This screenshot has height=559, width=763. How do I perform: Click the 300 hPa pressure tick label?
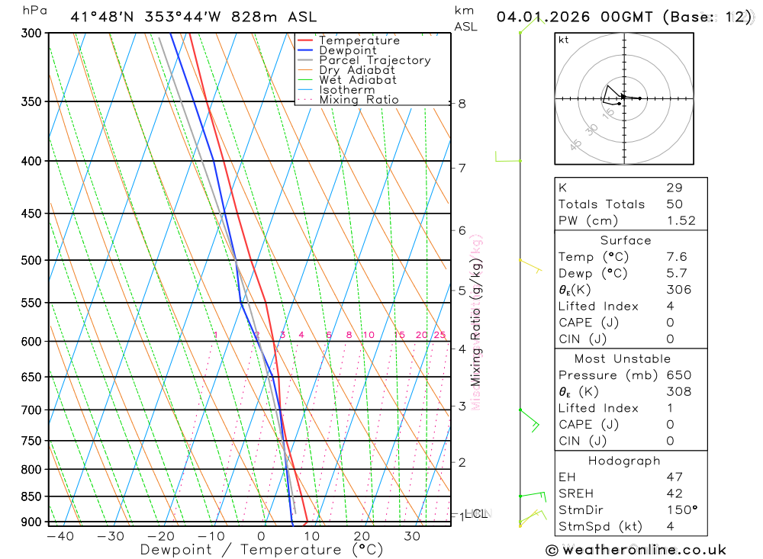click(31, 33)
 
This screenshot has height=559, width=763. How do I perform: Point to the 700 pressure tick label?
click(31, 410)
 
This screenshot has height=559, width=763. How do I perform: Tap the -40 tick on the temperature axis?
click(60, 536)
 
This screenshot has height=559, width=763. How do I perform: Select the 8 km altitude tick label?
click(462, 104)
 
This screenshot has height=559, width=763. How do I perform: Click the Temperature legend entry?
click(359, 40)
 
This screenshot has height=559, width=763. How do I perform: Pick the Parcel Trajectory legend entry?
click(375, 60)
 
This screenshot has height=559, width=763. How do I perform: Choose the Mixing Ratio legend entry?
click(359, 100)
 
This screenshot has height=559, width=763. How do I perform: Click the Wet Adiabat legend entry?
click(358, 80)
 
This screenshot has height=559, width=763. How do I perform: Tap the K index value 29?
click(674, 188)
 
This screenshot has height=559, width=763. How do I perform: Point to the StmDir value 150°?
click(681, 510)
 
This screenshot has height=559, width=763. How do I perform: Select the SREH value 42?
click(674, 493)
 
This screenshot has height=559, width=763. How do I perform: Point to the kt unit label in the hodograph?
click(563, 40)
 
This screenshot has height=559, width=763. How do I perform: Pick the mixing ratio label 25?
click(439, 335)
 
